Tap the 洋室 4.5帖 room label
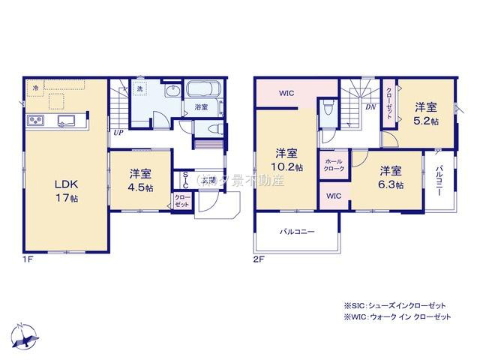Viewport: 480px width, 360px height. click(140, 178)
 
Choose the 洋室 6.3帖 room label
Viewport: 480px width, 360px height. click(390, 178)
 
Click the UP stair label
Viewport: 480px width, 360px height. click(118, 133)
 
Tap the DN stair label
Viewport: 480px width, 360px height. click(370, 107)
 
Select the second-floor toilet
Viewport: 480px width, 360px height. click(327, 112)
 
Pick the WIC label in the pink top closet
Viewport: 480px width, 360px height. click(287, 94)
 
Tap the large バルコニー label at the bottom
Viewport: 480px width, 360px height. click(296, 232)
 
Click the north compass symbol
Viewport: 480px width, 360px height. click(25, 336)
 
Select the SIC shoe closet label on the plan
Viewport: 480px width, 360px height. click(186, 181)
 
